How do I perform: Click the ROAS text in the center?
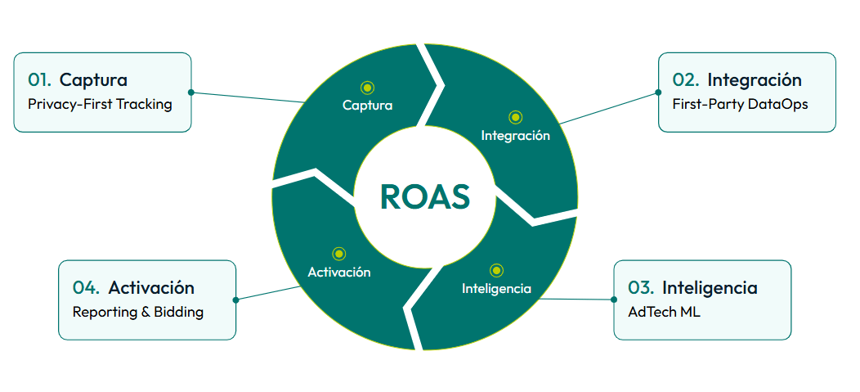(x=425, y=197)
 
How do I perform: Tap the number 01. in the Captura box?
(x=40, y=80)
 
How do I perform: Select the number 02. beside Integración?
(x=685, y=80)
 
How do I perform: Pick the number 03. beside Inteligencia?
(x=641, y=288)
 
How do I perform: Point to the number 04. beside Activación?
(x=86, y=288)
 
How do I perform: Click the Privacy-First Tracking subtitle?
(x=100, y=105)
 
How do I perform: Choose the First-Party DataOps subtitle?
(x=740, y=105)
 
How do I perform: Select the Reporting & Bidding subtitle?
(x=138, y=312)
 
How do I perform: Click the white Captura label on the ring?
(x=367, y=106)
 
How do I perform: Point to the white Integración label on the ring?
(x=515, y=136)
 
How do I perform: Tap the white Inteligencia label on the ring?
(x=496, y=289)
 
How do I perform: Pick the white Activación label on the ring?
(x=339, y=273)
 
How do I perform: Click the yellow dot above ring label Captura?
(x=367, y=87)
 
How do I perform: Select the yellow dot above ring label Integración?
(x=515, y=117)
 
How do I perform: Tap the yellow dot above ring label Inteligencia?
(x=496, y=270)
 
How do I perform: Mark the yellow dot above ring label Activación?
(x=339, y=254)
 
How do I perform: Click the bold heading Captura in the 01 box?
(x=93, y=80)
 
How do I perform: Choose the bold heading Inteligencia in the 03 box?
(x=710, y=288)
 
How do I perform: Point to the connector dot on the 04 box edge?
(x=235, y=300)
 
